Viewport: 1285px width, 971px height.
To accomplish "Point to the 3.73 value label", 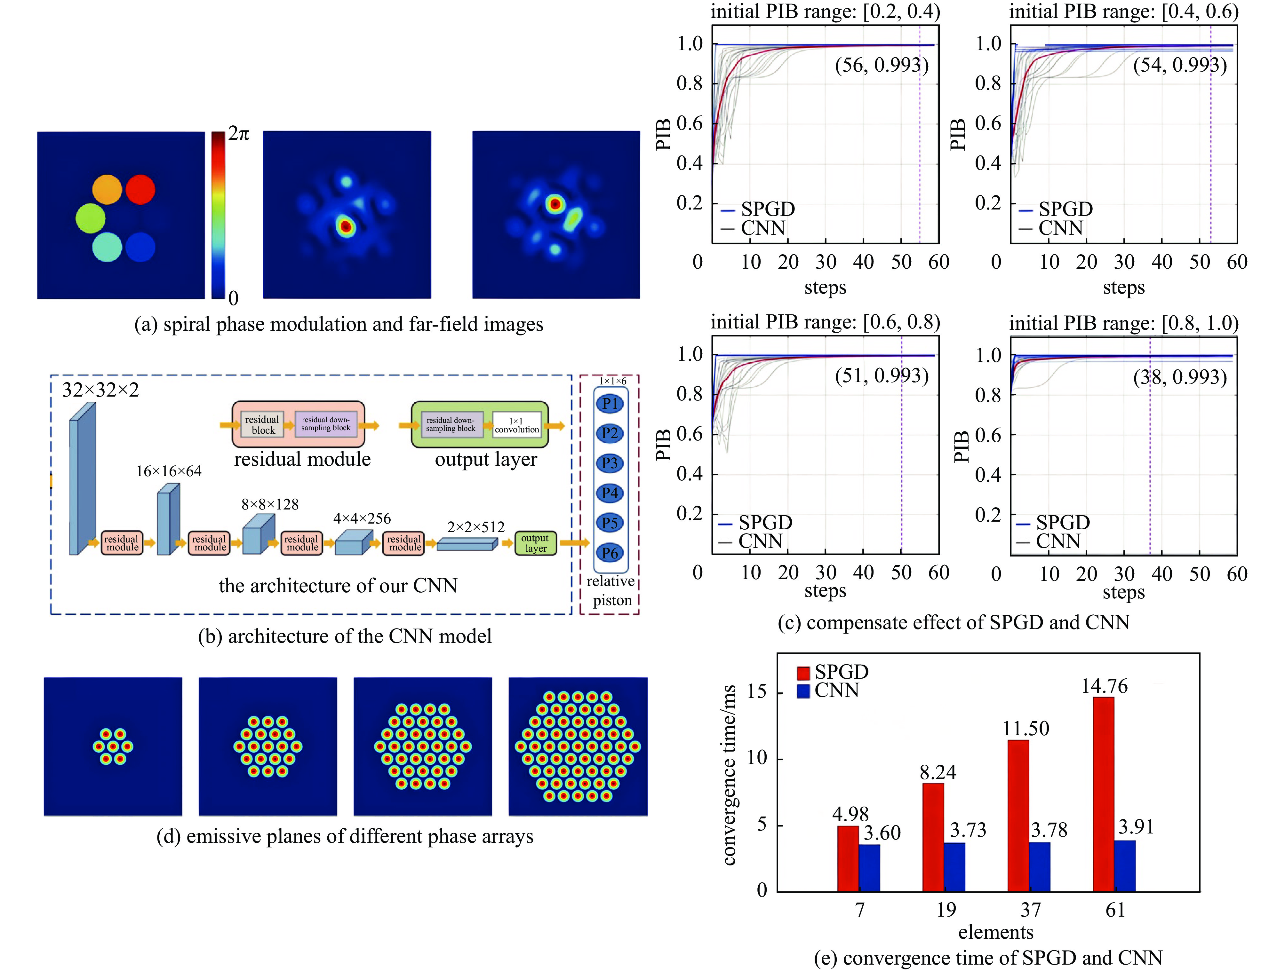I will (x=968, y=830).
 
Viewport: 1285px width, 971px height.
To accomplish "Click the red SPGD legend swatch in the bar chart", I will (x=803, y=673).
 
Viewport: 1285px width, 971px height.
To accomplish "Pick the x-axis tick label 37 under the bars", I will (x=1031, y=910).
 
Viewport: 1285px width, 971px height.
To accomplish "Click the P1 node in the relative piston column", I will (x=610, y=404).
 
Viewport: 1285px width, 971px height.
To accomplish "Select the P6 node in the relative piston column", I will (x=610, y=553).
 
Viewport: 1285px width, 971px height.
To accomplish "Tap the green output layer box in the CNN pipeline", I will (x=535, y=543).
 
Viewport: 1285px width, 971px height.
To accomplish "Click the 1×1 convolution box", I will (x=516, y=425).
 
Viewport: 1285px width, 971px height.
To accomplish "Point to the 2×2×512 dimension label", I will (x=476, y=527).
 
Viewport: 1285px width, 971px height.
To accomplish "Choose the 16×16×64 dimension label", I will (x=169, y=471).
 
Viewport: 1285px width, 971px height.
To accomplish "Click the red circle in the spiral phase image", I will (x=140, y=189).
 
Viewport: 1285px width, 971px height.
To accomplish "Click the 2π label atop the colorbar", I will (x=238, y=134).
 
